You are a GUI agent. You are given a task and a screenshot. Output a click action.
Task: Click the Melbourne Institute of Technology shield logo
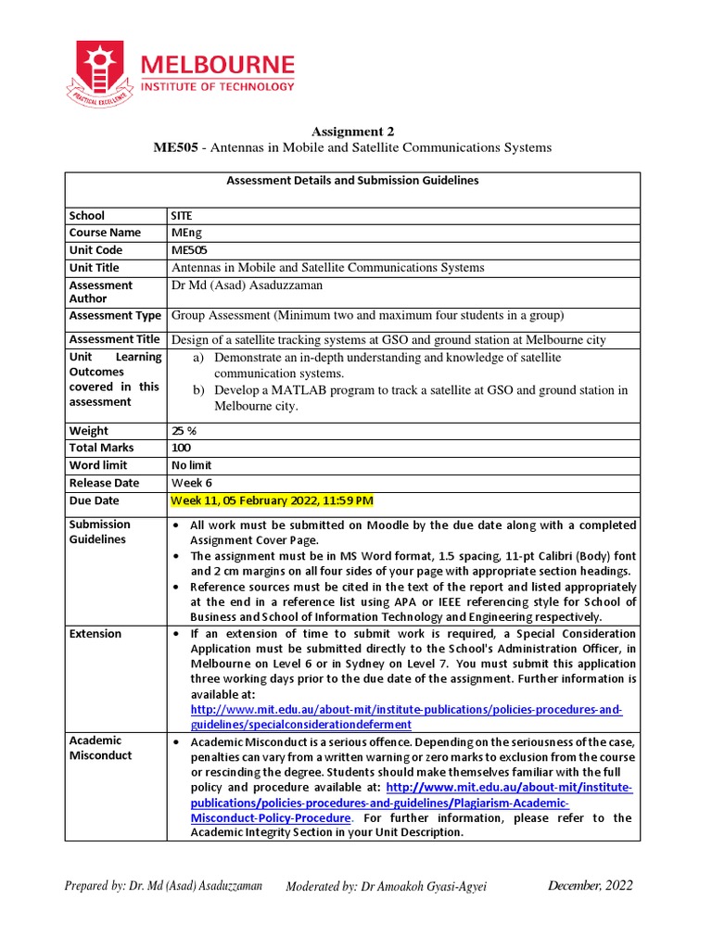coord(97,71)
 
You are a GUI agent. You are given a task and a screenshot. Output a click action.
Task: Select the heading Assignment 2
coord(355,132)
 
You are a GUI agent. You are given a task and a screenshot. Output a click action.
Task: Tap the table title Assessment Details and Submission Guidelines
coord(352,181)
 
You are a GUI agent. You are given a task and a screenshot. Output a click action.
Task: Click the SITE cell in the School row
coord(183,215)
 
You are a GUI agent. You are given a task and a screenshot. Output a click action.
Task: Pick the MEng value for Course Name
coord(186,233)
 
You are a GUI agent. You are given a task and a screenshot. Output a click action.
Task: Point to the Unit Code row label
coord(95,250)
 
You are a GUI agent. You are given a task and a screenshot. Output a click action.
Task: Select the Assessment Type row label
coord(115,315)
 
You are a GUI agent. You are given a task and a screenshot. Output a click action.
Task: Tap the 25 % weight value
coord(185,431)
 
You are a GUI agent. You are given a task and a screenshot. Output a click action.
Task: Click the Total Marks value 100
coord(182,448)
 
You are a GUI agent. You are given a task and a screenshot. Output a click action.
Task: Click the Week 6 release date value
coord(192,483)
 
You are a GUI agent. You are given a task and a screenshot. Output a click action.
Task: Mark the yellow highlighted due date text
coord(273,501)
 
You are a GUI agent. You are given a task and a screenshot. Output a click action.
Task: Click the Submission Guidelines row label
coord(100,531)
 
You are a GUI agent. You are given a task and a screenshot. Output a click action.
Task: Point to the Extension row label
coord(95,634)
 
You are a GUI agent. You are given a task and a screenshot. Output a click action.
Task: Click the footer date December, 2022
coord(590,885)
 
